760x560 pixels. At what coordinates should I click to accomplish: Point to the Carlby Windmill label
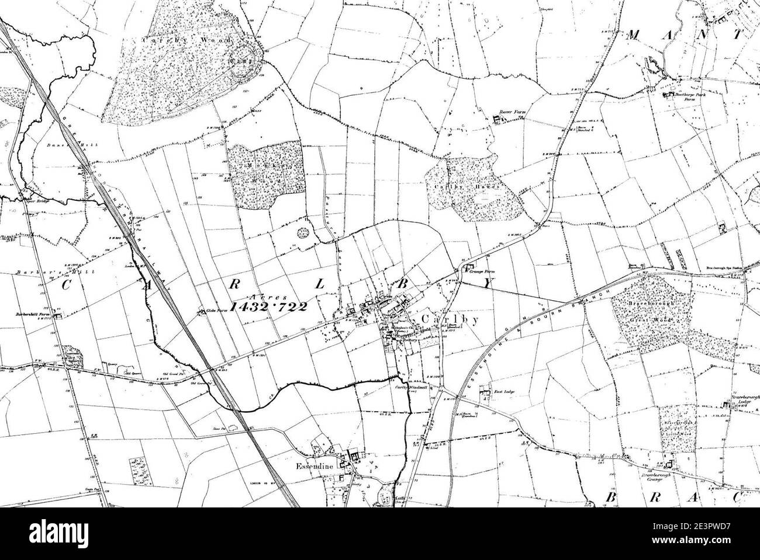click(x=406, y=387)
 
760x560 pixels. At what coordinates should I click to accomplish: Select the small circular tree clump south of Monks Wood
click(x=303, y=233)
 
